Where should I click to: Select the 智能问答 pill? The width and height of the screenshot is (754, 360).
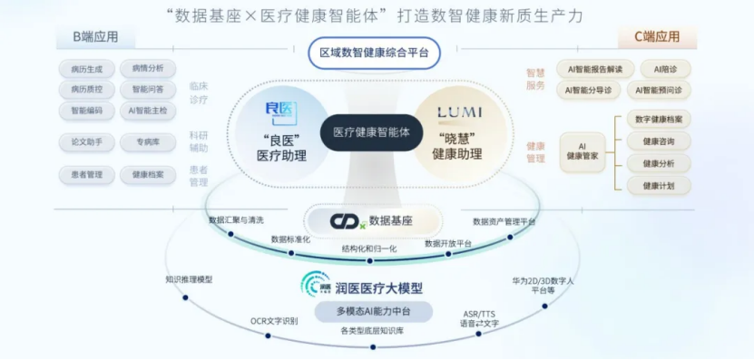tap(147, 89)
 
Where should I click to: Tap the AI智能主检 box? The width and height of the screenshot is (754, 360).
tap(147, 111)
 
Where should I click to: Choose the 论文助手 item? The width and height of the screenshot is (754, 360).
tap(86, 142)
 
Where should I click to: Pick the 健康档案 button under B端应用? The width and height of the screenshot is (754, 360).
tap(147, 174)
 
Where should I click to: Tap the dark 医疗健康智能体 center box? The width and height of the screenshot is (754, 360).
tap(371, 132)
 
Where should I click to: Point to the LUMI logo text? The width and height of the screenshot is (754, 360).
tap(463, 112)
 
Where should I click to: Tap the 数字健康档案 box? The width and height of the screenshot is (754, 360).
tap(660, 120)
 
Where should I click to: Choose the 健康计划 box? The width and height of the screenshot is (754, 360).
tap(660, 185)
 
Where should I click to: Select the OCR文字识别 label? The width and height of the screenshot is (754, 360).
tap(274, 320)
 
